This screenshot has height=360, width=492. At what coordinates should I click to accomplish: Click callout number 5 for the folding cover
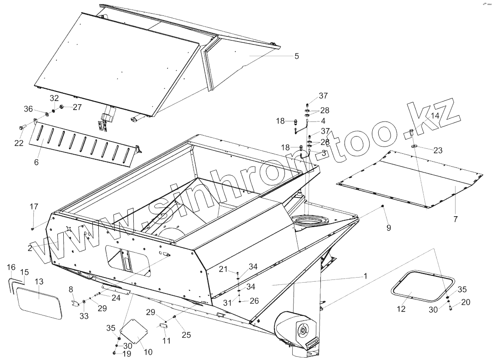tap(297, 56)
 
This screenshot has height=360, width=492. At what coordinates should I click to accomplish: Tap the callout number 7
tap(456, 219)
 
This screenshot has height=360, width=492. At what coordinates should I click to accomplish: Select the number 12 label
tap(401, 309)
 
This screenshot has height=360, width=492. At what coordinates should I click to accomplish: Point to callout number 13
tap(39, 282)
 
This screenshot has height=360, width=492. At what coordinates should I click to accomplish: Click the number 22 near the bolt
tap(19, 143)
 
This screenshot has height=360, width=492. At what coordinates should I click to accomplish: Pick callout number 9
tap(389, 228)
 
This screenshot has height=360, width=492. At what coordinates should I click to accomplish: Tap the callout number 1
tap(365, 276)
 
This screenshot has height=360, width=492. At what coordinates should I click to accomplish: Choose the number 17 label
tap(34, 207)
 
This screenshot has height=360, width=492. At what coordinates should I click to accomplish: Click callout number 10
tap(148, 352)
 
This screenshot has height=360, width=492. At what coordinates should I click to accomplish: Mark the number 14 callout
tap(435, 116)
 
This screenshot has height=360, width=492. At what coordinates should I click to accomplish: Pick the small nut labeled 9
tap(384, 207)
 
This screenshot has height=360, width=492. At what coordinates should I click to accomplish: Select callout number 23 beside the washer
tap(438, 151)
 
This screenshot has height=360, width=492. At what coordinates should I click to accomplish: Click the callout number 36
tap(28, 109)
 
